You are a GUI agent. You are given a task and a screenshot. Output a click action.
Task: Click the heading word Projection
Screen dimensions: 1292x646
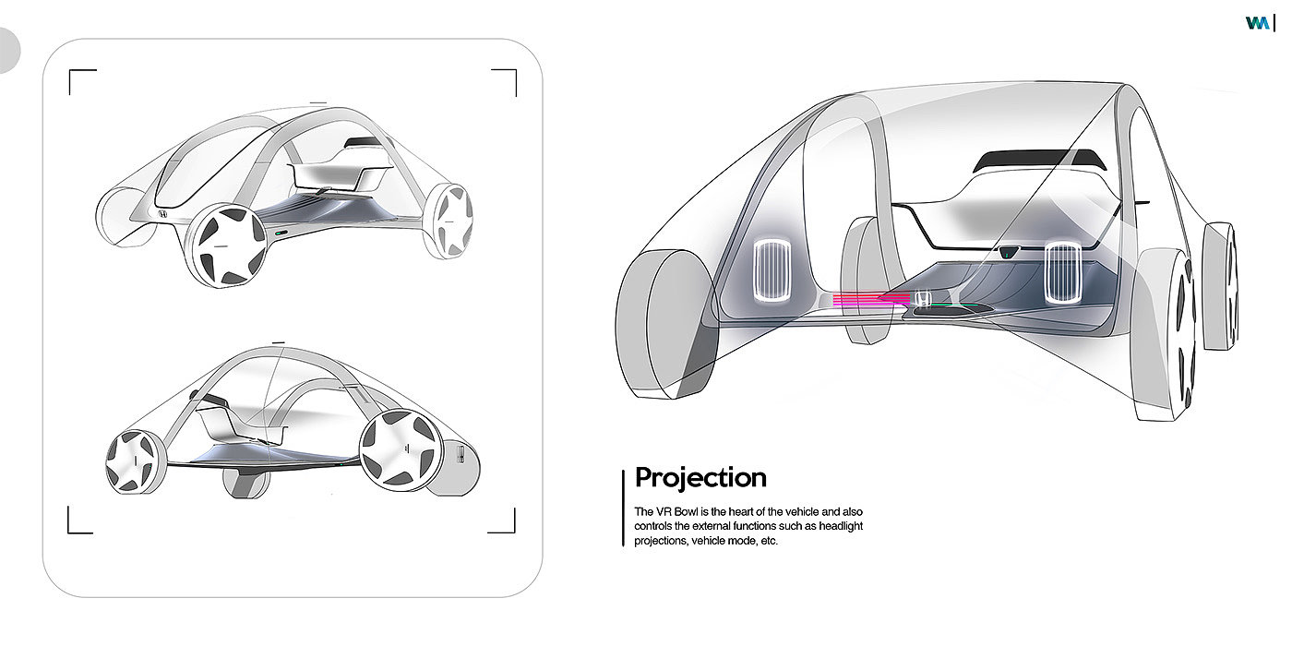click(x=700, y=478)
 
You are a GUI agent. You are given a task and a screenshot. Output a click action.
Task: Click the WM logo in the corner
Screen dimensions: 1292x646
click(x=1256, y=24)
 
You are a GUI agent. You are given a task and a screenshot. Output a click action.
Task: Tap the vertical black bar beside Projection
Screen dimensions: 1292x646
click(x=624, y=508)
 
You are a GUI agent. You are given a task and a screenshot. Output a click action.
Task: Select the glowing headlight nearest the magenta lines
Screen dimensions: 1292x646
click(x=772, y=271)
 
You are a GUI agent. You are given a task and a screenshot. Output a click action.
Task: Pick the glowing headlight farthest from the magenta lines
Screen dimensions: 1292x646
click(x=1062, y=273)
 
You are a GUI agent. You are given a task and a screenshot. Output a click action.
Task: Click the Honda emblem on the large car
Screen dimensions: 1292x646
click(x=922, y=299)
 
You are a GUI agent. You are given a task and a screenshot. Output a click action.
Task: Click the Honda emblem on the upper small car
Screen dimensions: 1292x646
click(x=161, y=214)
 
